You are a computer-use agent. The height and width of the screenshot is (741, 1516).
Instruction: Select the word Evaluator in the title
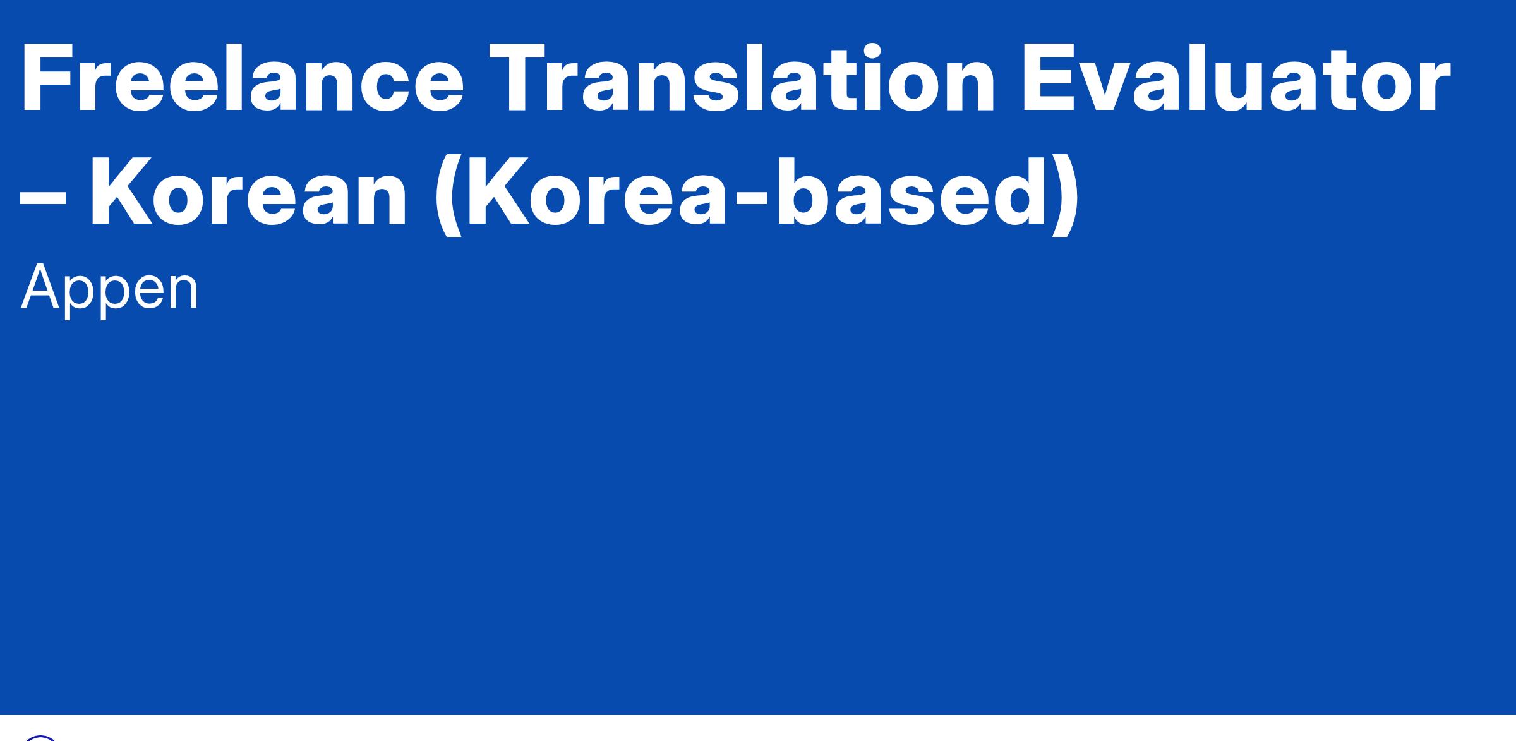tap(1236, 78)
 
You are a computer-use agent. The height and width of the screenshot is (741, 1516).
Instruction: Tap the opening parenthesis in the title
tap(449, 195)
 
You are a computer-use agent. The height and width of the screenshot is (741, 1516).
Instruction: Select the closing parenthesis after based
tap(1064, 195)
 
